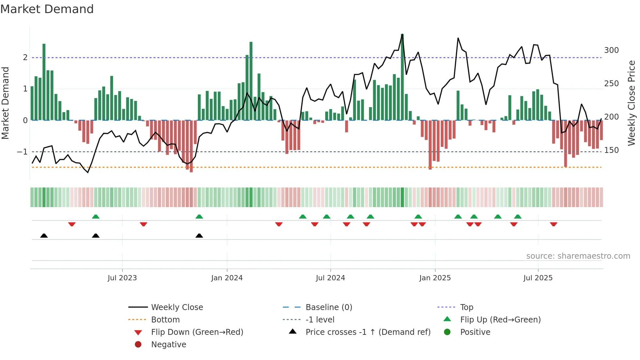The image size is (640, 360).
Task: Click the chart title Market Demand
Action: [x=47, y=9]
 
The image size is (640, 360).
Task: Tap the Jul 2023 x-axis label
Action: [x=122, y=278]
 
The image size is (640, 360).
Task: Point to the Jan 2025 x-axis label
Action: [x=435, y=278]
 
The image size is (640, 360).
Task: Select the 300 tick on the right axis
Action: [x=611, y=50]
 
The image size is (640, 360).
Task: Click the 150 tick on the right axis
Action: [x=611, y=150]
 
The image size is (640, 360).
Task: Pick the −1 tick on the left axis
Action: [x=22, y=152]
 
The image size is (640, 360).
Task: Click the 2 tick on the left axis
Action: [x=25, y=57]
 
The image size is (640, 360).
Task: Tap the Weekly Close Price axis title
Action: [x=632, y=103]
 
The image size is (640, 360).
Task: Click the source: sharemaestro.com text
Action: [x=578, y=256]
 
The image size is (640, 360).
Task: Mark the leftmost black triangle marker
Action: [x=44, y=236]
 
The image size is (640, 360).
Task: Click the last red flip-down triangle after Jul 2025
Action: [x=553, y=224]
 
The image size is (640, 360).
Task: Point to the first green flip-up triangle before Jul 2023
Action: [x=96, y=217]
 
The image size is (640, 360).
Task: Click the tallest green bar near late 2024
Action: [x=402, y=77]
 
